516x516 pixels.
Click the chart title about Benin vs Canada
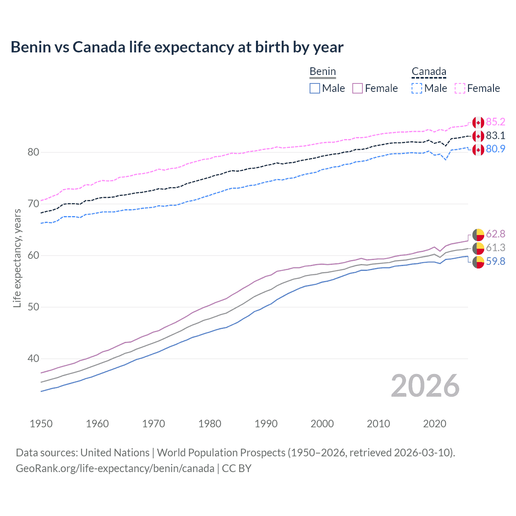[177, 47]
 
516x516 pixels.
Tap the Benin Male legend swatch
[315, 88]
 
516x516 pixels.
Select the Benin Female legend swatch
[358, 88]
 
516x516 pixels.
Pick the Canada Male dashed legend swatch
[417, 88]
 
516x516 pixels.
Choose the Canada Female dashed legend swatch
[460, 88]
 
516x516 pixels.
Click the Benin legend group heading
[322, 72]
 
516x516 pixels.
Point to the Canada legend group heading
[429, 72]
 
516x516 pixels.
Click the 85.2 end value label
[495, 122]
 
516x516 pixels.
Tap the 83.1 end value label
[495, 135]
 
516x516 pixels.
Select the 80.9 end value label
[495, 149]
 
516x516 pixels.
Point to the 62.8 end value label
[495, 234]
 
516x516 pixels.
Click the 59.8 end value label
[495, 262]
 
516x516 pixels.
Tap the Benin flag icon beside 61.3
[478, 248]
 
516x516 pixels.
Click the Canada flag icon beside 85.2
[478, 123]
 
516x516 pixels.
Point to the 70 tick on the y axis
[33, 204]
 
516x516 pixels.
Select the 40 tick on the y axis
[33, 359]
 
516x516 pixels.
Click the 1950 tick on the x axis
[41, 424]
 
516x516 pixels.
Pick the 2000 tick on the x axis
[322, 424]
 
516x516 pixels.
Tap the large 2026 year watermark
[425, 386]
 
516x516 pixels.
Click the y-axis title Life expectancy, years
[17, 258]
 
